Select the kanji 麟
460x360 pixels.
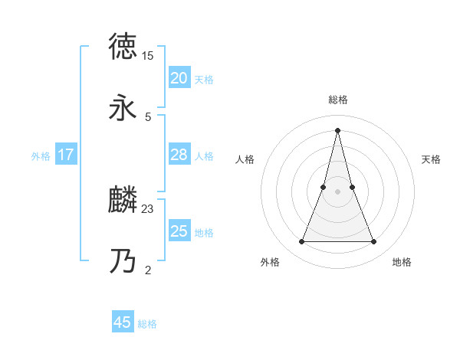(x=123, y=200)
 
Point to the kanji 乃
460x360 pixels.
(x=123, y=262)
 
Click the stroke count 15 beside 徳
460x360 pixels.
(x=147, y=56)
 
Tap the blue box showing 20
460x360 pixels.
(x=179, y=78)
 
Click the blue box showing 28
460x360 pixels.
(x=179, y=155)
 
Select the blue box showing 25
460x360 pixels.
(x=179, y=231)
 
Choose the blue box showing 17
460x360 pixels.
(x=65, y=155)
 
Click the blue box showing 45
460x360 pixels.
(x=123, y=322)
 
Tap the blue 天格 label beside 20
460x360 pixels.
(x=204, y=80)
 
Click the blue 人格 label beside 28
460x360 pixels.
(x=204, y=156)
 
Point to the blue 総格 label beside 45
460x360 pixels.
(x=147, y=324)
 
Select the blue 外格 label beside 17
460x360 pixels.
(x=41, y=156)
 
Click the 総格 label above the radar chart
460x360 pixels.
(x=337, y=100)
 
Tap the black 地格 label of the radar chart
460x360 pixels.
(x=402, y=262)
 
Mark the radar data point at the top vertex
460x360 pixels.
(x=337, y=129)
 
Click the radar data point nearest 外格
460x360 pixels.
(x=302, y=242)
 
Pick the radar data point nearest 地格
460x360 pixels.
(x=374, y=242)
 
